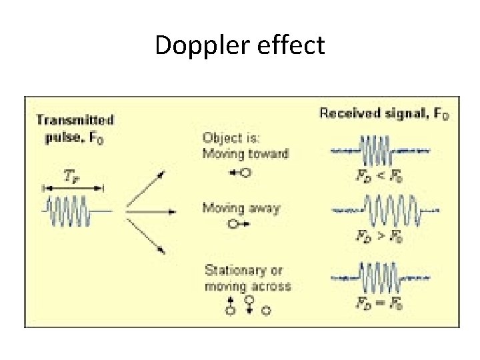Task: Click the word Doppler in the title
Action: pyautogui.click(x=193, y=45)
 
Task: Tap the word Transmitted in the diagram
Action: pyautogui.click(x=74, y=120)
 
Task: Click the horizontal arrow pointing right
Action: pyautogui.click(x=151, y=211)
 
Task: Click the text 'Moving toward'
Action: pyautogui.click(x=245, y=154)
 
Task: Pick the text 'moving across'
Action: pyautogui.click(x=247, y=286)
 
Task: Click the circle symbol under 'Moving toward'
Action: pyautogui.click(x=245, y=173)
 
